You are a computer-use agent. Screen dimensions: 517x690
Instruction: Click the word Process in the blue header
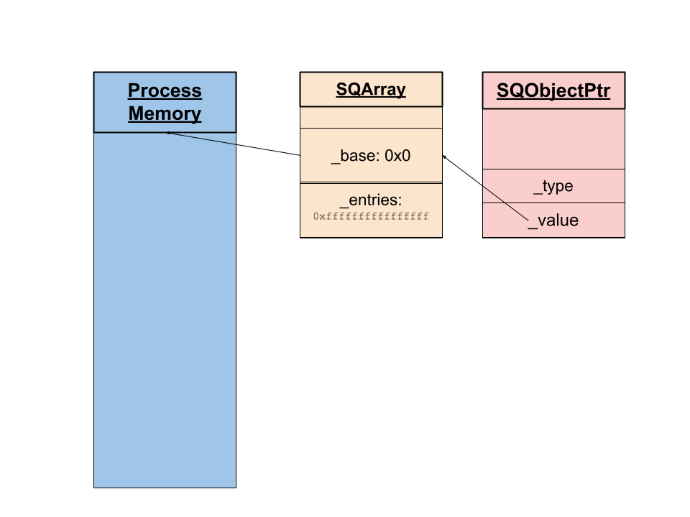[x=165, y=90]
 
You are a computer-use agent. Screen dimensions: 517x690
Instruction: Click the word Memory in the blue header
[x=165, y=113]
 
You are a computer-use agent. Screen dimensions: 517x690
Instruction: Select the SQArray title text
[x=371, y=90]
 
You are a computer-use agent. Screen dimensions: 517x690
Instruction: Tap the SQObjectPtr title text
[x=553, y=91]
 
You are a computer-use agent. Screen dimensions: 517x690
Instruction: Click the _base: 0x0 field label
[x=371, y=155]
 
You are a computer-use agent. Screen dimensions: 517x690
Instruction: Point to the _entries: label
[x=371, y=200]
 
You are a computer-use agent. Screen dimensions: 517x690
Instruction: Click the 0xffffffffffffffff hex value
[x=371, y=215]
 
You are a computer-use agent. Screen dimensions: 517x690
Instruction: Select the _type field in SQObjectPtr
[x=553, y=186]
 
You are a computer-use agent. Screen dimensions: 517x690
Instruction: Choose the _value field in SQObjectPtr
[x=553, y=220]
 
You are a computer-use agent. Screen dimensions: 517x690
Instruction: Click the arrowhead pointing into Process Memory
[x=168, y=133]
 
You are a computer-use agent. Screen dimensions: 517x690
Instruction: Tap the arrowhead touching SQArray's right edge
[x=445, y=156]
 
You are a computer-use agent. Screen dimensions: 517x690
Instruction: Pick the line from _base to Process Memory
[x=237, y=144]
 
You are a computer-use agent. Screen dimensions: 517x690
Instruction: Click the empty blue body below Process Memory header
[x=165, y=309]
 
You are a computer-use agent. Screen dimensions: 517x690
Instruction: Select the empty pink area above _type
[x=553, y=139]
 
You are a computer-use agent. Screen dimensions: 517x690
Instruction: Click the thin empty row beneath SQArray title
[x=371, y=117]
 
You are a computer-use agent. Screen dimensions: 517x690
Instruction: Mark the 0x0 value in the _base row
[x=397, y=155]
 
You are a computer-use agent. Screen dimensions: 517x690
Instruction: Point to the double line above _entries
[x=371, y=183]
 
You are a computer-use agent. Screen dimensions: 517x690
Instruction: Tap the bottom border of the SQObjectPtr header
[x=553, y=109]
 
